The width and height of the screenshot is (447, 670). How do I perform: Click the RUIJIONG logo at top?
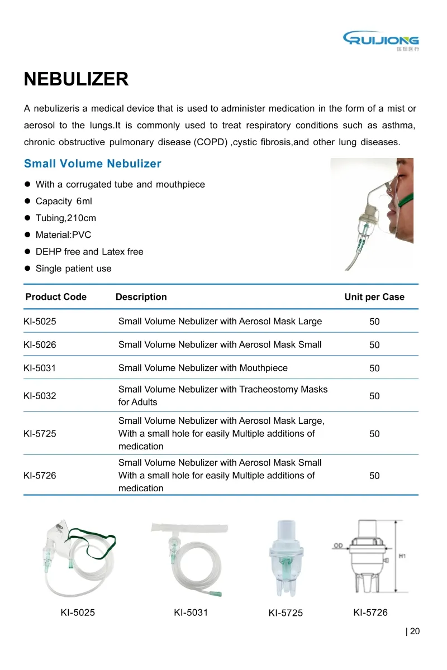(x=381, y=40)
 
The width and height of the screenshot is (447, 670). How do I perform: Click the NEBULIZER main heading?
(x=76, y=79)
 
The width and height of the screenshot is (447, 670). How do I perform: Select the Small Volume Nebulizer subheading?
(x=92, y=164)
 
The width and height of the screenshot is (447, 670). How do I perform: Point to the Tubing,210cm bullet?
(x=65, y=218)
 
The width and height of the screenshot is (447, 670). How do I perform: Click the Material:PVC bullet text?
(x=63, y=234)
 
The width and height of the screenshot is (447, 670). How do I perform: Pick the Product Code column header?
(x=56, y=297)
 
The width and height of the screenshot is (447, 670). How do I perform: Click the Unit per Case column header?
(x=374, y=297)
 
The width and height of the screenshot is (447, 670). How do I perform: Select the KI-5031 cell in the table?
(x=40, y=368)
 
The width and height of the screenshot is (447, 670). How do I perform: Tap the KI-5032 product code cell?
(x=40, y=396)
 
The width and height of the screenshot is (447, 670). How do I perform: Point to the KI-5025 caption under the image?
(x=78, y=612)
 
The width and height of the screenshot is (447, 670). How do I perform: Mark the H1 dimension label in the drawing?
(x=403, y=557)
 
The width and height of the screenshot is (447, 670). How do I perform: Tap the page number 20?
(x=414, y=631)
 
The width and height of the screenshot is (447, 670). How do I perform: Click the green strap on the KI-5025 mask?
(x=95, y=537)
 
